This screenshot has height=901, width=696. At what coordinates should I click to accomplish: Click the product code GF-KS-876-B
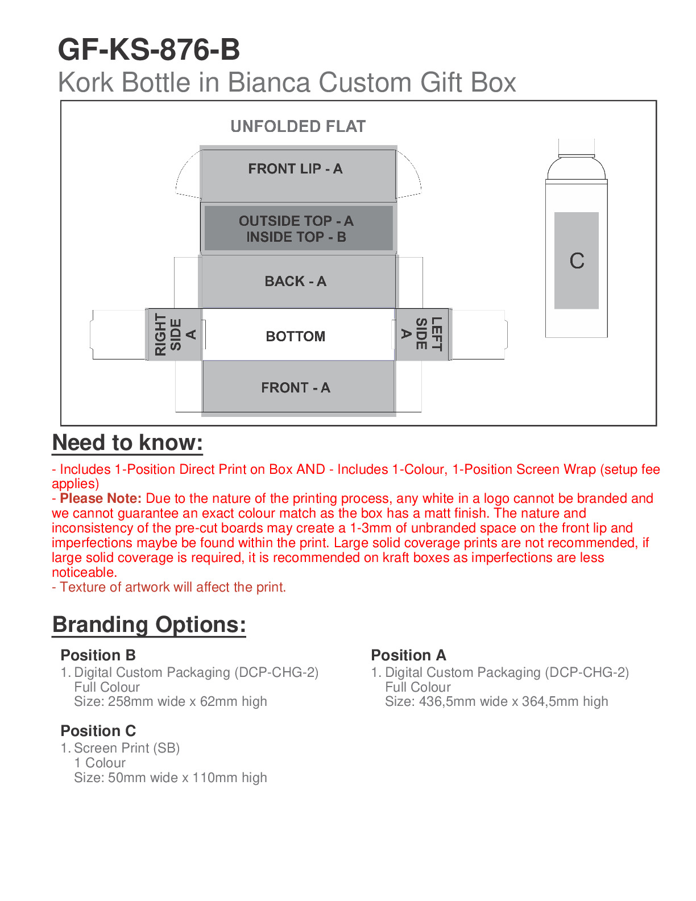click(x=149, y=50)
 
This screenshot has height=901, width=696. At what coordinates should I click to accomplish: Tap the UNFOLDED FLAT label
click(x=298, y=126)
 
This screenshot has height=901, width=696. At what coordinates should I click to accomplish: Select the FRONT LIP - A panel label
click(x=295, y=169)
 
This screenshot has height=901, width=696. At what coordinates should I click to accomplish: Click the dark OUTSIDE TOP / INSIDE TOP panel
click(x=296, y=229)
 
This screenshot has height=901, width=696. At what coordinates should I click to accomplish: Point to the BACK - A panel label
click(x=295, y=282)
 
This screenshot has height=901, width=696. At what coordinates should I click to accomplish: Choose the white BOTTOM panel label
click(x=296, y=336)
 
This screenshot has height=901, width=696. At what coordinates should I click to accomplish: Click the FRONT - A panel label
click(x=296, y=388)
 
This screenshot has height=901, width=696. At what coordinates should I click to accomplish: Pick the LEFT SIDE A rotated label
click(x=421, y=334)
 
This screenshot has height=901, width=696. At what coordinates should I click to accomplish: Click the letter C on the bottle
click(x=577, y=261)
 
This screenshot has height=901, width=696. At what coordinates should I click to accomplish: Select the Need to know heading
click(x=127, y=443)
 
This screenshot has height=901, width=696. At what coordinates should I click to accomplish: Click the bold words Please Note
click(x=101, y=499)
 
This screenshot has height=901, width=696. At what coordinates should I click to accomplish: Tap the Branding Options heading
click(x=149, y=625)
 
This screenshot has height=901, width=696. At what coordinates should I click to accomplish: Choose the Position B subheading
click(x=98, y=655)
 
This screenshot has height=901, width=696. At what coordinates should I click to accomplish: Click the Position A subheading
click(x=408, y=655)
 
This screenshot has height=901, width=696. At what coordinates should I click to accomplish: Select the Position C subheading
click(x=98, y=731)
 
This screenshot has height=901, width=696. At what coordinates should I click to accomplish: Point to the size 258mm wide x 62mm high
click(x=171, y=701)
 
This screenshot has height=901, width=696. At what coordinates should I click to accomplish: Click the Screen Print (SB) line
click(x=127, y=748)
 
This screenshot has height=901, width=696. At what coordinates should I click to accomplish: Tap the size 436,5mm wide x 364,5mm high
click(x=496, y=701)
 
